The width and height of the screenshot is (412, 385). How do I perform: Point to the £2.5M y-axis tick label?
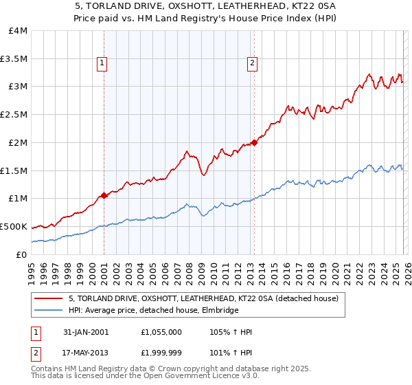tap(14, 115)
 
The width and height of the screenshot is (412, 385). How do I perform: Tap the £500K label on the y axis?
tap(14, 226)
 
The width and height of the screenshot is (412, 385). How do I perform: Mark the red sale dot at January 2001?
tap(104, 195)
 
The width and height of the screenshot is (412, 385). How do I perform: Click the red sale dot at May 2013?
tap(253, 142)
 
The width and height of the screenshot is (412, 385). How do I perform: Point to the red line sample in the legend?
tap(49, 299)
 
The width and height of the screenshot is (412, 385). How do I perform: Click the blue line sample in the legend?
tap(49, 311)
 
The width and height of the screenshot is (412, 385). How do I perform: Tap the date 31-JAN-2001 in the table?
tap(86, 332)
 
